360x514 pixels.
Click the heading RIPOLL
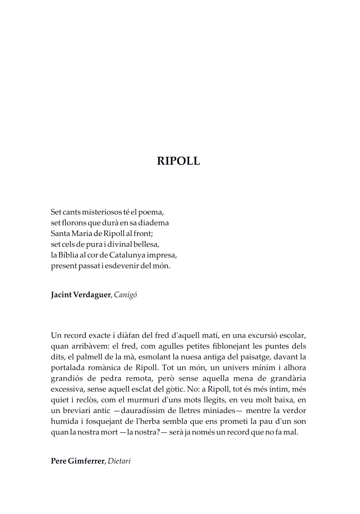click(x=178, y=162)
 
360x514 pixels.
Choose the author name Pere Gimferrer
click(x=77, y=461)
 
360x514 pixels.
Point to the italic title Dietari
click(x=120, y=461)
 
